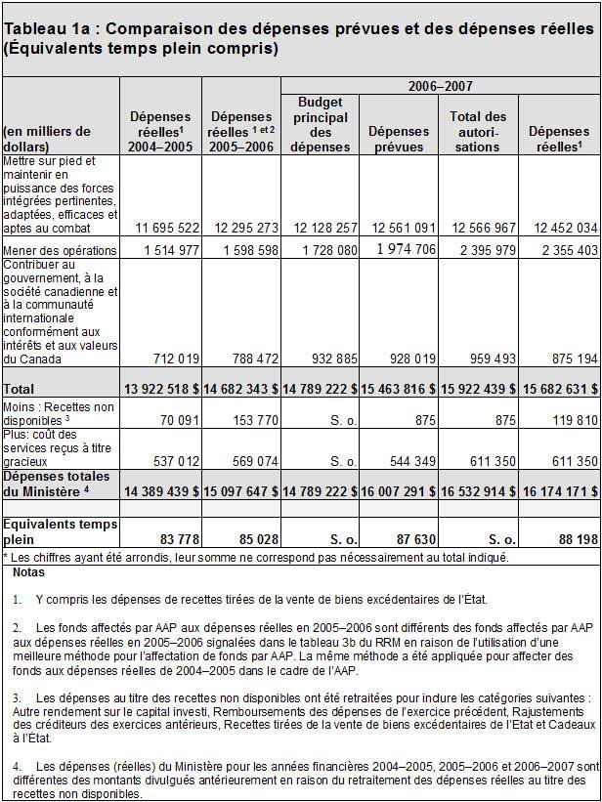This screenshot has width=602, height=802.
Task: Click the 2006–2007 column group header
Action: [x=440, y=87]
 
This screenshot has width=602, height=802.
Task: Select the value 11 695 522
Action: [x=162, y=228]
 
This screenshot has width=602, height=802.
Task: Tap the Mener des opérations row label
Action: [x=61, y=251]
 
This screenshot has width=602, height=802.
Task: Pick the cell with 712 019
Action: [x=172, y=359]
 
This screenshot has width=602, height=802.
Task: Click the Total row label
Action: [x=21, y=389]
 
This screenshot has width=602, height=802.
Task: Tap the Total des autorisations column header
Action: [x=478, y=132]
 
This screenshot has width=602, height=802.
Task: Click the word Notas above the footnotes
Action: [x=29, y=571]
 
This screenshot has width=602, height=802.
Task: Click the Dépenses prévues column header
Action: [x=399, y=139]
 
